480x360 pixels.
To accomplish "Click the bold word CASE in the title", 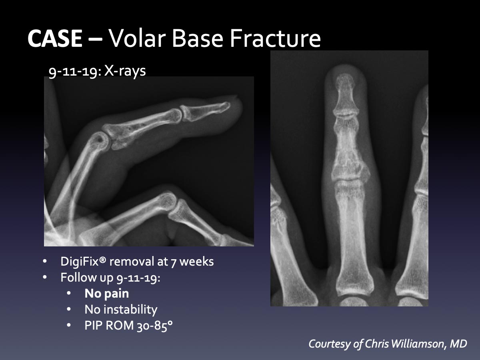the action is coord(55,38).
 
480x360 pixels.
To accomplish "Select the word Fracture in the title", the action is coord(275,38).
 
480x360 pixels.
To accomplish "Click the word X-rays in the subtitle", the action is coord(125,71).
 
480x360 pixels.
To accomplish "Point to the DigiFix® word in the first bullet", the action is coord(84,261).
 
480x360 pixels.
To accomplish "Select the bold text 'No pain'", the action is coord(107,293).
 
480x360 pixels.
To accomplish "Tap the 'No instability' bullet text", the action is coord(121,310).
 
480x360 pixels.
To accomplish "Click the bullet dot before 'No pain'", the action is coord(69,293).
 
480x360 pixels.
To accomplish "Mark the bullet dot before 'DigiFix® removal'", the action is coord(45,262).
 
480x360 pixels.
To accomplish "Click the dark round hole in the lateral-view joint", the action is coord(100,138).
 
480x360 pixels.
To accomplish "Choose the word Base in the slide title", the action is coord(198,38).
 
